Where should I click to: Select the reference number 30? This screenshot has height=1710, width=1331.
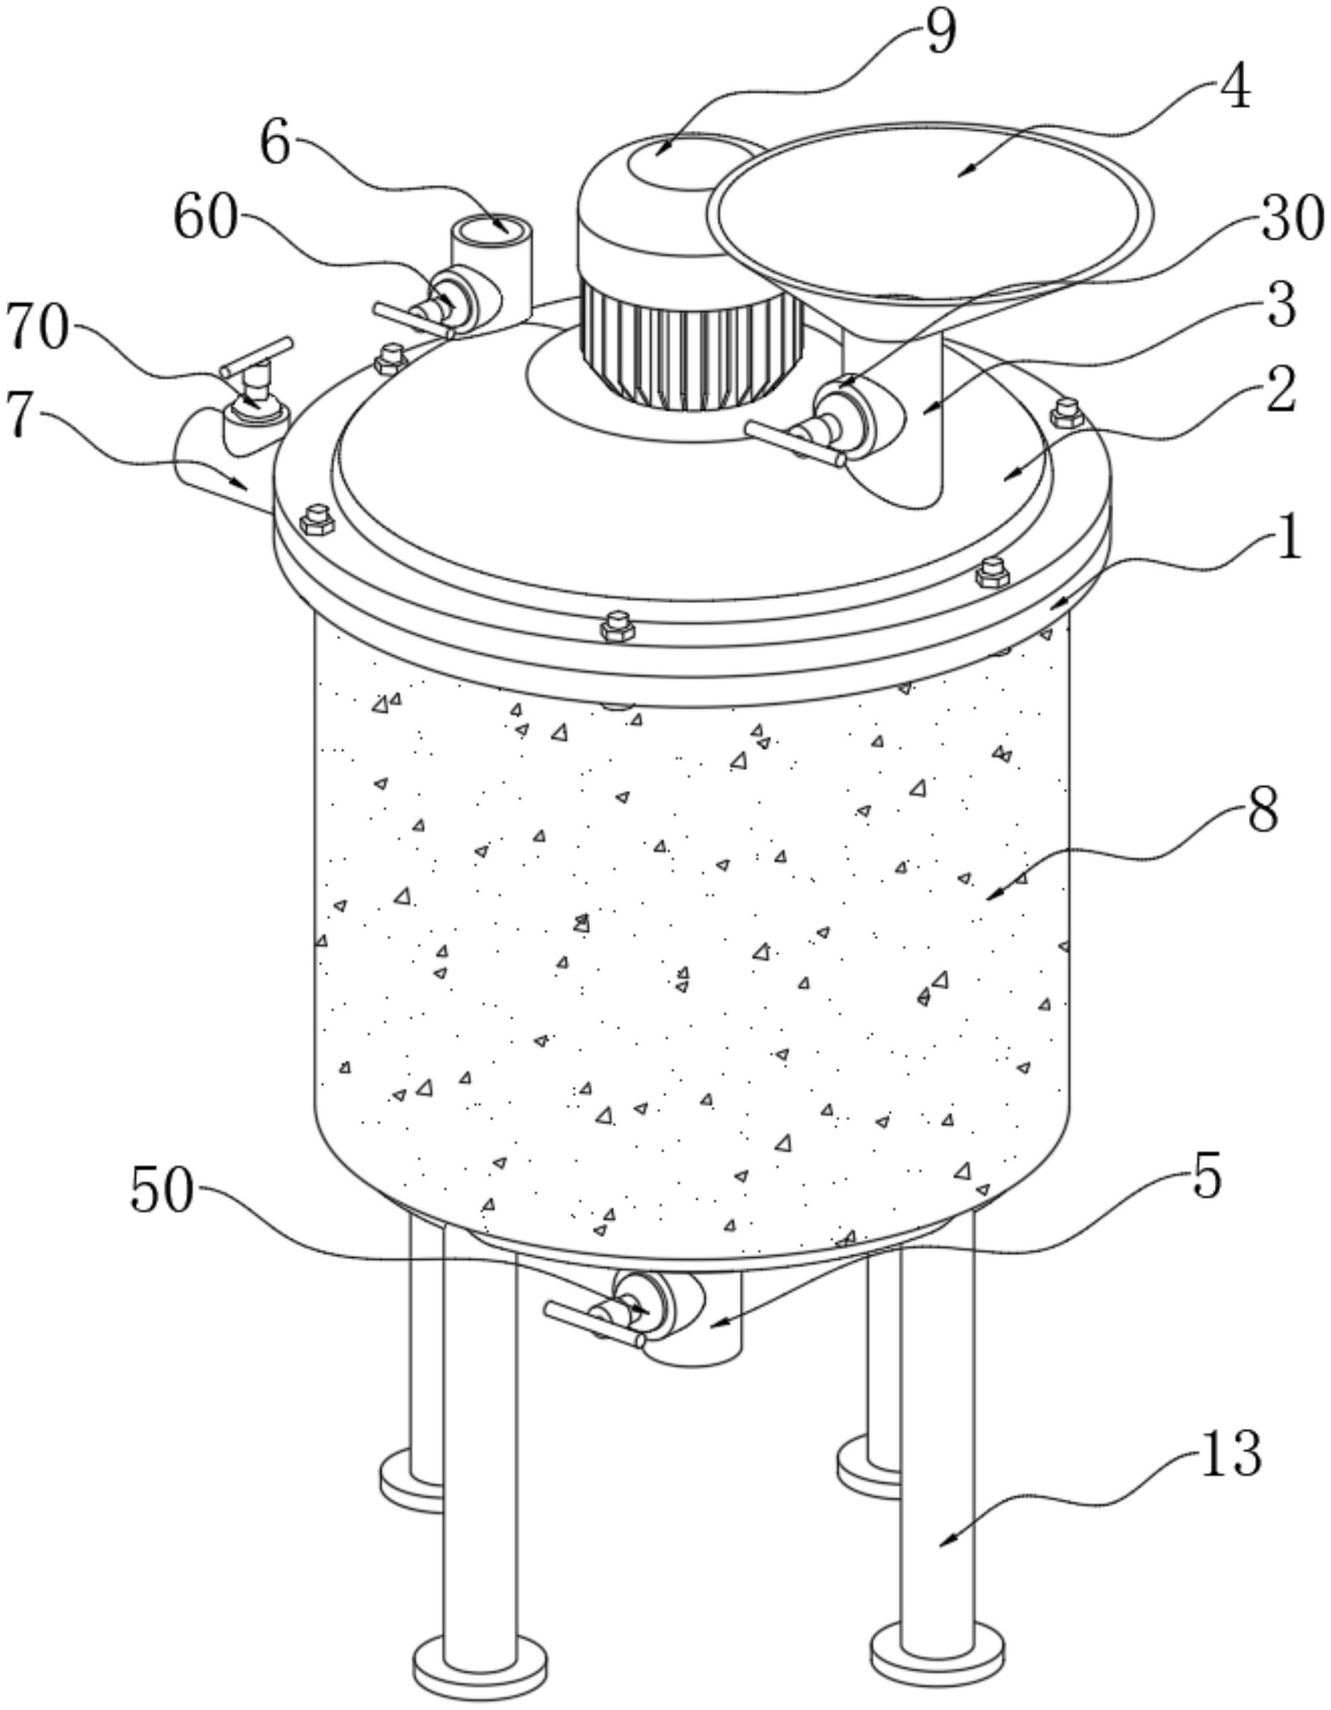point(1290,220)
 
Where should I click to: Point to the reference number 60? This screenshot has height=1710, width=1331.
point(205,218)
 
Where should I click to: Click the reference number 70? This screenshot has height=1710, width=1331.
point(38,329)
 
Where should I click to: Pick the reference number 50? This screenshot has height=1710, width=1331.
point(161,1192)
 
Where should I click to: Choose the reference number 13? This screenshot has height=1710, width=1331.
point(1232,1454)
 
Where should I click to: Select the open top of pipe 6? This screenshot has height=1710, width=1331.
point(492,229)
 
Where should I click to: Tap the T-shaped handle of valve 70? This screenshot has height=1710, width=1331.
point(257,356)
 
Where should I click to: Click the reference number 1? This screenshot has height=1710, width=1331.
point(1288,541)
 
